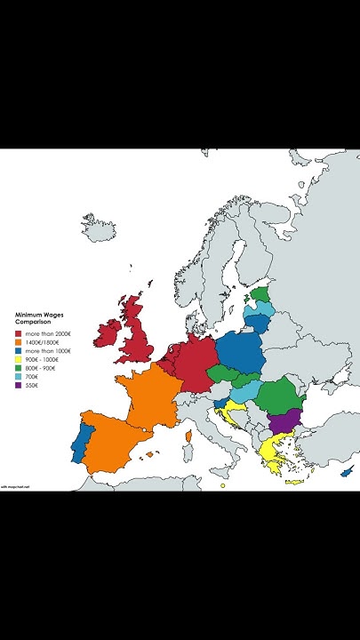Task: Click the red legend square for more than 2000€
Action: tap(19, 333)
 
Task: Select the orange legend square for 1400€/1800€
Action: tap(19, 342)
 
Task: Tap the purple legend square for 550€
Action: tap(19, 386)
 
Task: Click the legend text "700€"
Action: tap(32, 377)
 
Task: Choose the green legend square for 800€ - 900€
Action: tap(19, 368)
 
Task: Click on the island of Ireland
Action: tap(110, 334)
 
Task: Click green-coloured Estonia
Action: tap(260, 293)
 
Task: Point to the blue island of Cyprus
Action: tap(347, 470)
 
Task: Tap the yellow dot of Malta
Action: tap(222, 485)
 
